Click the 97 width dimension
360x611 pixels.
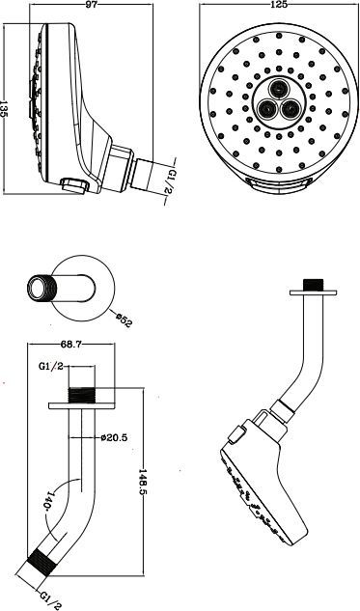(x=92, y=4)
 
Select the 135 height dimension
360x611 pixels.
(x=4, y=109)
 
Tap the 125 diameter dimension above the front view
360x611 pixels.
(x=279, y=4)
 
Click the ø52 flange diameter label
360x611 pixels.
(x=124, y=319)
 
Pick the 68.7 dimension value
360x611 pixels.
(x=71, y=344)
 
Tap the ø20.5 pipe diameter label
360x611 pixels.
(x=114, y=437)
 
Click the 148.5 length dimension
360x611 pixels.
(x=144, y=481)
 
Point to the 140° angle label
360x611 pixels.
(x=49, y=502)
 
